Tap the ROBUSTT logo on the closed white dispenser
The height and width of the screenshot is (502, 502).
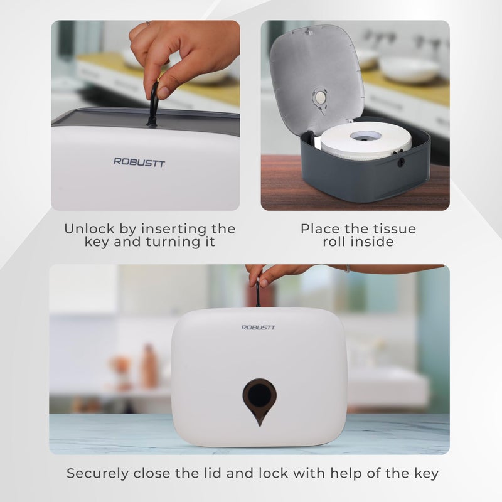258,327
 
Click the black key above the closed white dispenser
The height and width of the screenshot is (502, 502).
257,295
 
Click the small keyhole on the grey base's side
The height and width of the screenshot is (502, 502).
400,161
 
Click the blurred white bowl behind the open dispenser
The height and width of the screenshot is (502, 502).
409,68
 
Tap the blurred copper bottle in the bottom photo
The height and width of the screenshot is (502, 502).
149,366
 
